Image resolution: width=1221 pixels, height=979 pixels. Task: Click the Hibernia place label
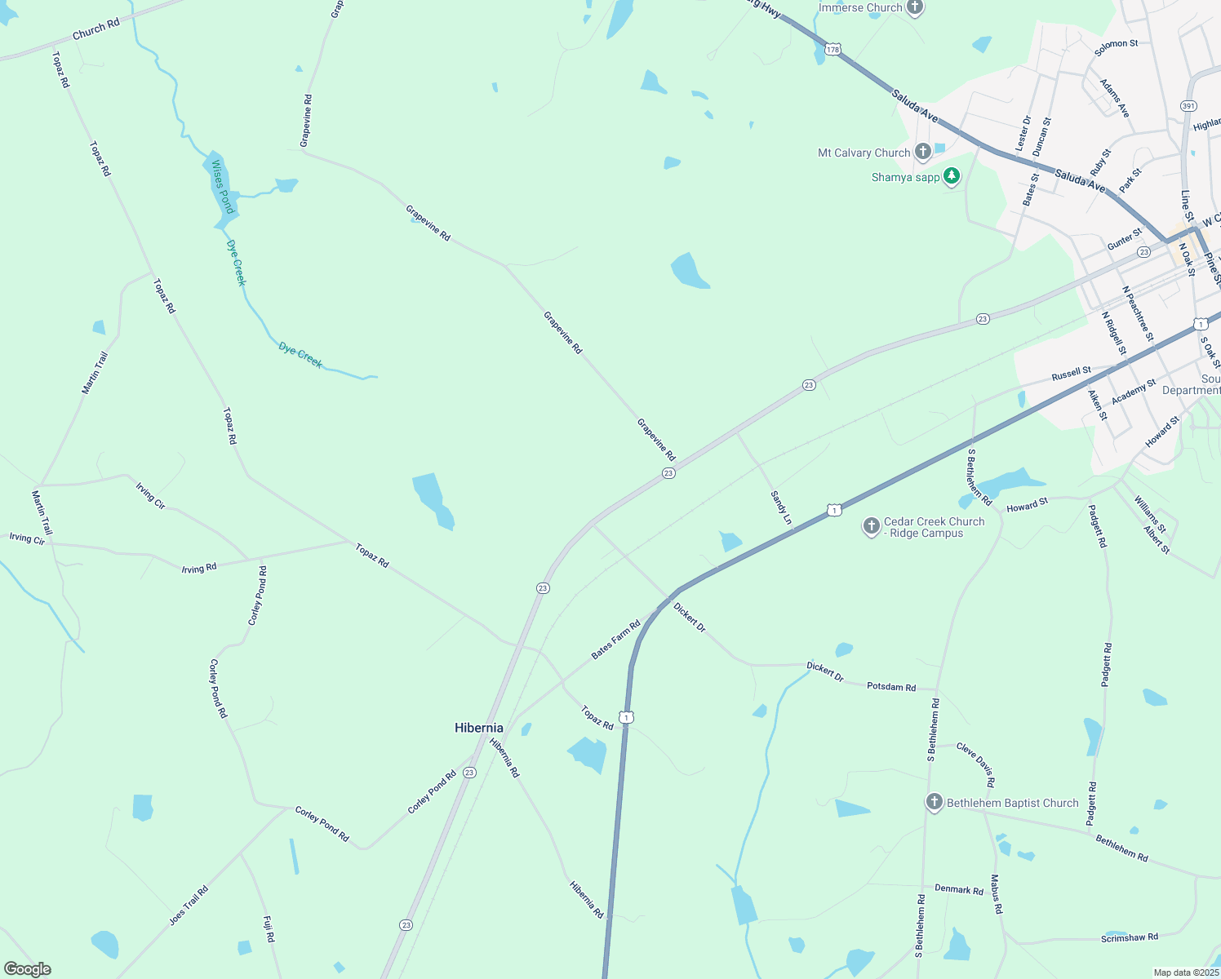tap(478, 728)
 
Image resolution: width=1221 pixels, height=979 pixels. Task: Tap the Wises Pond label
tap(222, 187)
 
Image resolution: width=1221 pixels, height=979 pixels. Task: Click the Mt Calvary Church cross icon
tap(923, 152)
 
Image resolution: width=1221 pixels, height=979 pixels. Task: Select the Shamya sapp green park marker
tap(951, 176)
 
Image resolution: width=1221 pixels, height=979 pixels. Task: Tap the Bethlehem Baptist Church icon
tap(935, 803)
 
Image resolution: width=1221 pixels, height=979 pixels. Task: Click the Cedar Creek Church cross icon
tap(872, 526)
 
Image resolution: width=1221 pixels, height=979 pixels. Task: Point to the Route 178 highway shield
tap(832, 50)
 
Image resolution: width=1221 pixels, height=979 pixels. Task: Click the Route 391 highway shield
tap(1188, 106)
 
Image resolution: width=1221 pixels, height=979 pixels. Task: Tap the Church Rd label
tap(95, 29)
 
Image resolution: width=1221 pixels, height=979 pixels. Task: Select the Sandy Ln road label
tap(781, 507)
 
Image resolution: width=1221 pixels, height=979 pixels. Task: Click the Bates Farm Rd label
tap(615, 640)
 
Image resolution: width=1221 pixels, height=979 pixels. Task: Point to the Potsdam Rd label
tap(891, 687)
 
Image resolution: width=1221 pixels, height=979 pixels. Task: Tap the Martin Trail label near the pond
tap(95, 373)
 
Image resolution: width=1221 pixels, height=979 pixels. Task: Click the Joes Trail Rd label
tap(189, 906)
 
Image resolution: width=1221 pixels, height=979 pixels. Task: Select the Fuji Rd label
tap(269, 929)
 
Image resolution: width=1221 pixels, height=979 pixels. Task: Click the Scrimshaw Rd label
tap(1129, 937)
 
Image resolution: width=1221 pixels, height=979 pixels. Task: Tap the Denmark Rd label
tap(959, 889)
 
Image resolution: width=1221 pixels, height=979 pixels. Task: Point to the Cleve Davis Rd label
tap(975, 764)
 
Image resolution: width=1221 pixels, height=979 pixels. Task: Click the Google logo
tap(27, 969)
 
